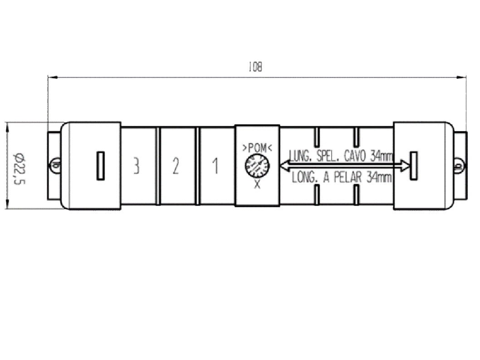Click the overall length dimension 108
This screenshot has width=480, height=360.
(255, 68)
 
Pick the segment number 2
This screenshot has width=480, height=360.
(176, 166)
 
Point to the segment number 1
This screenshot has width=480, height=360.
(216, 166)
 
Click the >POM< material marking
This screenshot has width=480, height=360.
(257, 148)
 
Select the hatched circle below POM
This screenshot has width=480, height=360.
(257, 166)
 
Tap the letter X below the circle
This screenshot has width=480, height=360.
(257, 185)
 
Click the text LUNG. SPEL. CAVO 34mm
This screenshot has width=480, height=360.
(340, 156)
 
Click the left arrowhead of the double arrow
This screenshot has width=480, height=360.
(284, 166)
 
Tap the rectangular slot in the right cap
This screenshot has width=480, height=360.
(414, 165)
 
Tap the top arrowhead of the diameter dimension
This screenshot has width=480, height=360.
(7, 126)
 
